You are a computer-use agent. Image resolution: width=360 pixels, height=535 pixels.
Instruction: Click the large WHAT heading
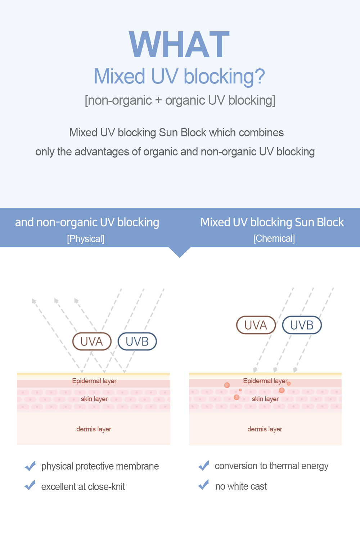click(x=179, y=45)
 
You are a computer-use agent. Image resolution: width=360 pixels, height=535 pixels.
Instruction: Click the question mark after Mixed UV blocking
click(x=260, y=77)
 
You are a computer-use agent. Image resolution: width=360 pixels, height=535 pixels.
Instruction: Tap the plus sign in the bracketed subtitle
click(x=158, y=100)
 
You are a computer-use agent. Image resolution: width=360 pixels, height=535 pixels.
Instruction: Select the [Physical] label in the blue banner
click(x=86, y=239)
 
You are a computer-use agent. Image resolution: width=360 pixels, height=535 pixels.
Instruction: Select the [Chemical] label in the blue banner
click(x=274, y=239)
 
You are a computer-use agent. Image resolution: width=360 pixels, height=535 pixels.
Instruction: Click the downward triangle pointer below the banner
click(x=180, y=252)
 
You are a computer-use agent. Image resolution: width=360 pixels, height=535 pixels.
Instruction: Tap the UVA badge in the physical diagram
click(x=92, y=341)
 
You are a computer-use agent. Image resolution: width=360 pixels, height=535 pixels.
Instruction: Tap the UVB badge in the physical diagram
click(x=137, y=341)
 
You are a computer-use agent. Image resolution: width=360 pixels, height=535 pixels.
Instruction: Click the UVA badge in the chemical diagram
click(x=256, y=325)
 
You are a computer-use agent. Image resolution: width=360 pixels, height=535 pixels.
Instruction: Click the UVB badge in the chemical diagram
click(x=302, y=325)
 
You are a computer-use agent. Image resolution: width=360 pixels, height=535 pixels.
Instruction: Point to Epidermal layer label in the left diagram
click(x=94, y=381)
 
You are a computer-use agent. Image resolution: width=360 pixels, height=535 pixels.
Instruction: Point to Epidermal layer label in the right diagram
click(x=265, y=381)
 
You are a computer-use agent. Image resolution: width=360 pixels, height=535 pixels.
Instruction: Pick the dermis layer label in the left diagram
click(x=94, y=429)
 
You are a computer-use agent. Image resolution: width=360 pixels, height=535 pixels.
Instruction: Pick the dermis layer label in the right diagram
click(x=265, y=429)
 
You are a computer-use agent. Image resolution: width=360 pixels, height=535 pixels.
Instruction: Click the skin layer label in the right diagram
click(x=265, y=399)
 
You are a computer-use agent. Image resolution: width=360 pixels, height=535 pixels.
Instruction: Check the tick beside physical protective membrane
click(x=30, y=466)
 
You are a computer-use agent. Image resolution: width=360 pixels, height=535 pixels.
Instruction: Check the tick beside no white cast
click(x=204, y=485)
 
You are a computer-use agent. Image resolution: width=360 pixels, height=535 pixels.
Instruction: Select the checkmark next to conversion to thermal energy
click(x=204, y=466)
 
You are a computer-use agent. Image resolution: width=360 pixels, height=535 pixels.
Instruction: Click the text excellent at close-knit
click(x=83, y=487)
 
